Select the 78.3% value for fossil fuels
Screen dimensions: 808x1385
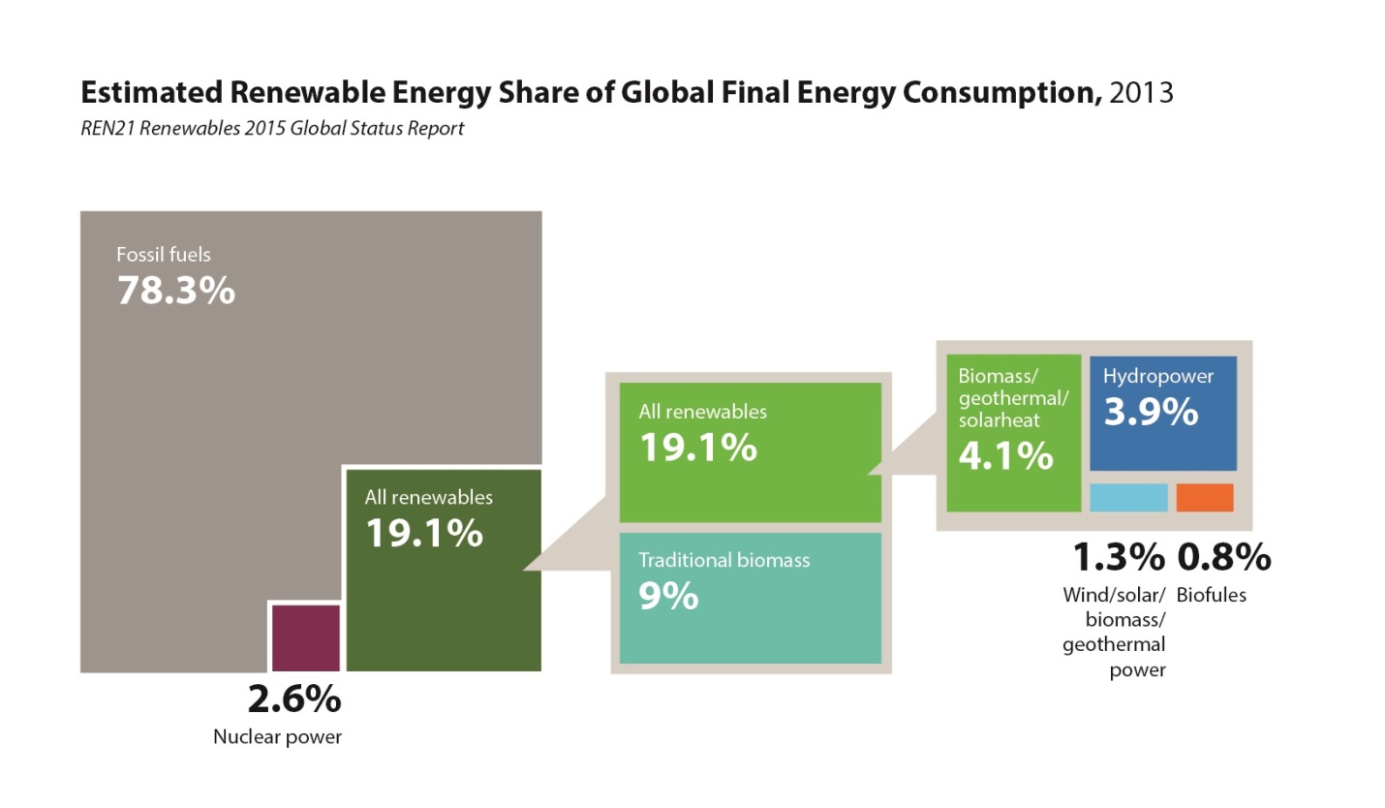pos(176,290)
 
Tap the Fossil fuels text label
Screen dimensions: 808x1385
pos(164,256)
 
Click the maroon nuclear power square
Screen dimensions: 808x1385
pos(306,637)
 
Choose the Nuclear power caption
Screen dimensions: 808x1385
pos(278,737)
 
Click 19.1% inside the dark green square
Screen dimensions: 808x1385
pos(423,532)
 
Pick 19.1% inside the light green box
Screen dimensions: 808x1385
pos(697,447)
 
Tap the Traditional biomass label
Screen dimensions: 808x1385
pos(724,560)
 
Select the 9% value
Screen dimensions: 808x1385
pos(668,596)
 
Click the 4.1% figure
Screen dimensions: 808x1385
pos(1005,454)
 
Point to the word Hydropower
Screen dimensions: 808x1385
pos(1157,376)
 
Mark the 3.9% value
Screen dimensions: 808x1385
pos(1151,413)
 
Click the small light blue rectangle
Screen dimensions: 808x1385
pos(1128,497)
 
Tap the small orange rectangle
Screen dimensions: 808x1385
pos(1205,497)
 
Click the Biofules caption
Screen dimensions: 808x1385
pos(1212,595)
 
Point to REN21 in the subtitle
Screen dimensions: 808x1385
pos(107,129)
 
